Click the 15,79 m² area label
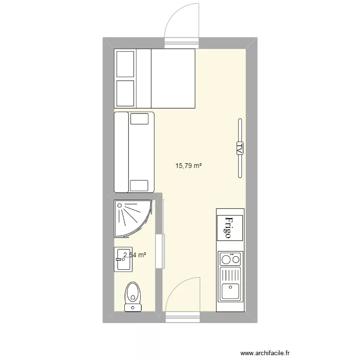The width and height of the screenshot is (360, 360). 189,166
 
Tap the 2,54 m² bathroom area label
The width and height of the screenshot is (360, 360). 135,255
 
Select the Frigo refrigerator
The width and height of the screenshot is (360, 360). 230,227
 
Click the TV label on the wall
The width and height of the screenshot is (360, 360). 239,148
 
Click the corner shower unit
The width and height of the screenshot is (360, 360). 132,218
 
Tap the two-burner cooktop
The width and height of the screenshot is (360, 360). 230,260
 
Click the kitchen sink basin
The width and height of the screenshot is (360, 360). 230,291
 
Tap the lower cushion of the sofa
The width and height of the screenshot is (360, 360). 140,185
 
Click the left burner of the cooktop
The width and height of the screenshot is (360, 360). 225,261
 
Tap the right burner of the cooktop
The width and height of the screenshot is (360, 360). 235,261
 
